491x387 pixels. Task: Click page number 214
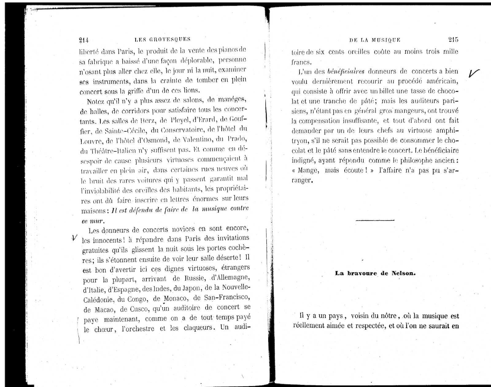tap(84, 40)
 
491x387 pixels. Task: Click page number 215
tap(453, 39)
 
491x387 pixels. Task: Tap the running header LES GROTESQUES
tap(163, 39)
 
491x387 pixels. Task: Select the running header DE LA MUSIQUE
tap(375, 40)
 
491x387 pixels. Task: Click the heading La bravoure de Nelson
tap(375, 273)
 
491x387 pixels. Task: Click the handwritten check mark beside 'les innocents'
tap(74, 238)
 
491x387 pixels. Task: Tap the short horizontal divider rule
tap(375, 220)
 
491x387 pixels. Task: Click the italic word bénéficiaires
tap(346, 72)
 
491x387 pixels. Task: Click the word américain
tap(440, 82)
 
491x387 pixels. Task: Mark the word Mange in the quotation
tap(308, 170)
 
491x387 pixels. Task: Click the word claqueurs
tap(198, 328)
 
